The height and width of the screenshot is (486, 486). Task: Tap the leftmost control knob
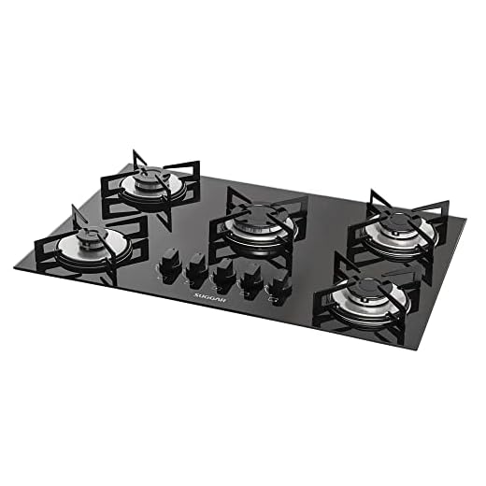pyautogui.click(x=172, y=263)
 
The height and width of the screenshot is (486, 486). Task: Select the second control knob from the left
pyautogui.click(x=197, y=269)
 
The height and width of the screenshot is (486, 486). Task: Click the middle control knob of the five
pyautogui.click(x=223, y=276)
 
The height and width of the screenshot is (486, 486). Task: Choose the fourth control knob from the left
pyautogui.click(x=250, y=281)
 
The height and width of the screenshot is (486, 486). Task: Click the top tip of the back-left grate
pyautogui.click(x=135, y=150)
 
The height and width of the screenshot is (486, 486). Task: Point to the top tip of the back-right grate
pyautogui.click(x=373, y=193)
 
